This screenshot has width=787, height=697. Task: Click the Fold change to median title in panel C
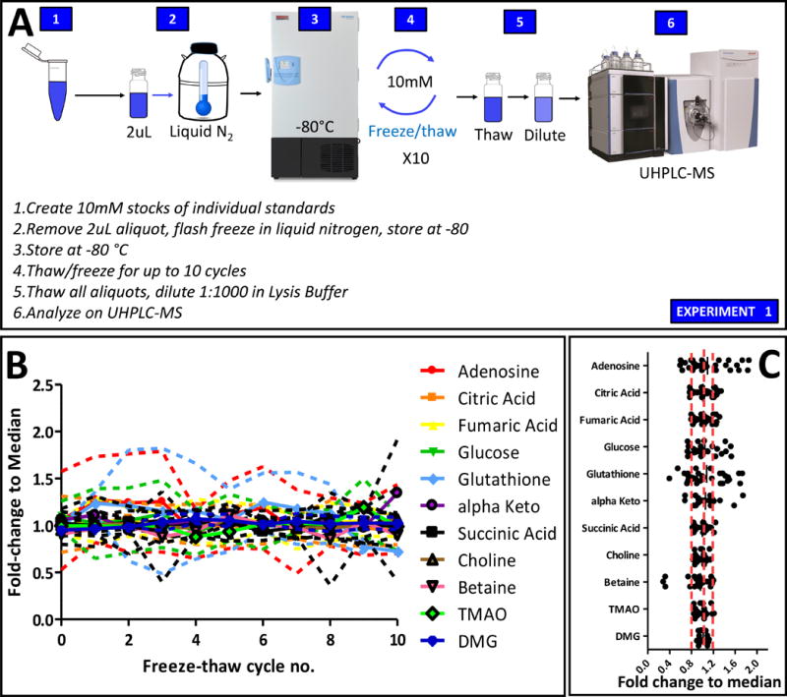[700, 680]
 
